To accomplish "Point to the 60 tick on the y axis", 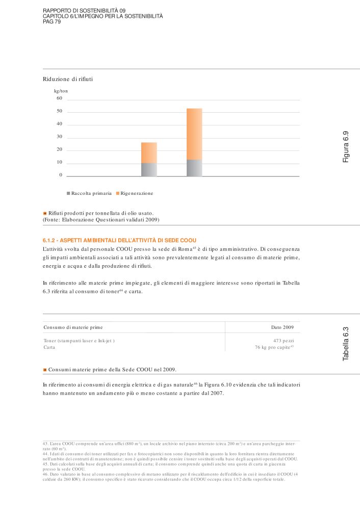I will (x=59, y=98).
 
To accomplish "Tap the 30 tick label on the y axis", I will (x=59, y=137).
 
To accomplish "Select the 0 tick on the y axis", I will (x=61, y=175).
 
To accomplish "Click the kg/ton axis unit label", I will (x=61, y=91).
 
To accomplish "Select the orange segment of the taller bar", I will (x=194, y=134).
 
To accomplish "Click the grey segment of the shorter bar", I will (x=149, y=169).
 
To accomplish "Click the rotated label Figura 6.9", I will (x=346, y=147).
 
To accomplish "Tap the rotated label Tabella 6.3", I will (x=346, y=345).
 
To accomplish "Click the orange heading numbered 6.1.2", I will (x=119, y=240).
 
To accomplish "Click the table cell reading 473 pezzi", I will (x=284, y=340).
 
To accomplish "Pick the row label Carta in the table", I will (x=49, y=347).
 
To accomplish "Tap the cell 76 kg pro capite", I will (x=274, y=347).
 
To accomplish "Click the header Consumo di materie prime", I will (x=76, y=327).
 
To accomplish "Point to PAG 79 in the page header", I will (x=52, y=21).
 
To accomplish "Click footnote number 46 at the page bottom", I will (x=45, y=474).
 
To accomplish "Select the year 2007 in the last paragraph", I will (x=217, y=393).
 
